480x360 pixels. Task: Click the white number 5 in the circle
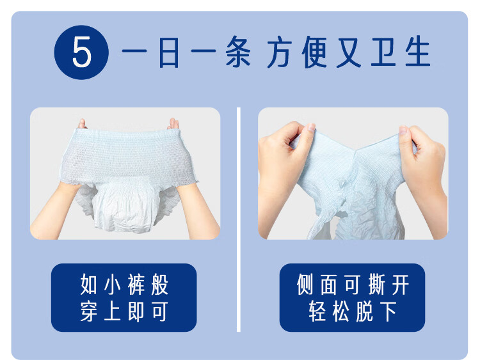click(x=82, y=52)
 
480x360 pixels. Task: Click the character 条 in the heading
click(x=238, y=52)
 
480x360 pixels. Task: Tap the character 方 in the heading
click(x=279, y=52)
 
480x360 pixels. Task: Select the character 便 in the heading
click(x=314, y=52)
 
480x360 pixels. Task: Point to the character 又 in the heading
click(x=349, y=52)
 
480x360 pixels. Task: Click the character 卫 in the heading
click(x=383, y=52)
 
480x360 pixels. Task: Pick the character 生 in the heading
click(x=418, y=52)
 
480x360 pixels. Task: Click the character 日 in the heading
click(x=169, y=52)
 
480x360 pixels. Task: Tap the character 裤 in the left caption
click(x=136, y=285)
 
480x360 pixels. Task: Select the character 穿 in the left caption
click(x=88, y=311)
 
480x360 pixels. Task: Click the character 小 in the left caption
click(x=113, y=285)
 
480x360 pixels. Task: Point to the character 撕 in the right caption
click(x=376, y=285)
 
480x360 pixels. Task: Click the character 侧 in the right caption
click(x=305, y=285)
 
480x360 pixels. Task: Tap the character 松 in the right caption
click(x=340, y=311)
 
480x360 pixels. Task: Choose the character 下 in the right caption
click(x=388, y=311)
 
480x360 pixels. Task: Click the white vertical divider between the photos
click(x=239, y=219)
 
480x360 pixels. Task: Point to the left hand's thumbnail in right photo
click(x=311, y=127)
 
